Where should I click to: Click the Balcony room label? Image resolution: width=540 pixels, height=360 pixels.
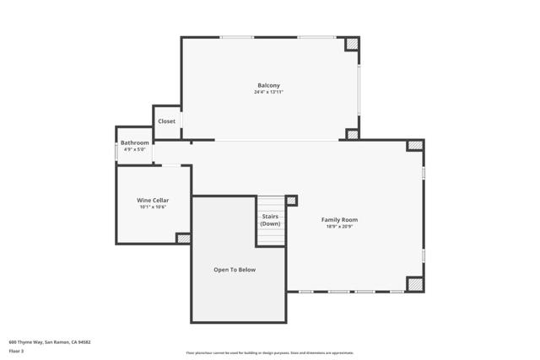(268, 85)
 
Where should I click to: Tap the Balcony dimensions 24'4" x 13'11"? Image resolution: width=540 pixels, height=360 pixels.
(268, 92)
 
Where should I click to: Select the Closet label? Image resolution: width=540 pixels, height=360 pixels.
(166, 121)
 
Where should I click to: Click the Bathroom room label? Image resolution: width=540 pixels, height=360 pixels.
(134, 142)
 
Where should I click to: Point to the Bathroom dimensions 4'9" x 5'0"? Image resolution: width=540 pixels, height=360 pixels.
(134, 149)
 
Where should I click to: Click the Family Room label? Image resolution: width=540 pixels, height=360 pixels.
(339, 219)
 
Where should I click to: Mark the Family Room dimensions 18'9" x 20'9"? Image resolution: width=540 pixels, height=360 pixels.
(339, 226)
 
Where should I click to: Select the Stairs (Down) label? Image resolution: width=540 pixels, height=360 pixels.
(270, 220)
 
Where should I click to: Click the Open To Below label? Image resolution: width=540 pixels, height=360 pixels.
(234, 270)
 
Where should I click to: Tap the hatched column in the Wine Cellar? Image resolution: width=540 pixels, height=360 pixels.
(183, 239)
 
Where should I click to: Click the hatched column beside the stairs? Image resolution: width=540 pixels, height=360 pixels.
(291, 201)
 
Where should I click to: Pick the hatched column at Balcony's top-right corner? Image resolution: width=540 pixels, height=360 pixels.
(352, 44)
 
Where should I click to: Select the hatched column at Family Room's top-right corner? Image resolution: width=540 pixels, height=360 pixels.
(414, 146)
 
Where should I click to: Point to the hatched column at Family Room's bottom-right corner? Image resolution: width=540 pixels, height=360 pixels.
(414, 284)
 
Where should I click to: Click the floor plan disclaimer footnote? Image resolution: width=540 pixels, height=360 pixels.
(269, 353)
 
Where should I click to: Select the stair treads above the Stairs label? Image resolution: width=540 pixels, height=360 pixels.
(270, 204)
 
